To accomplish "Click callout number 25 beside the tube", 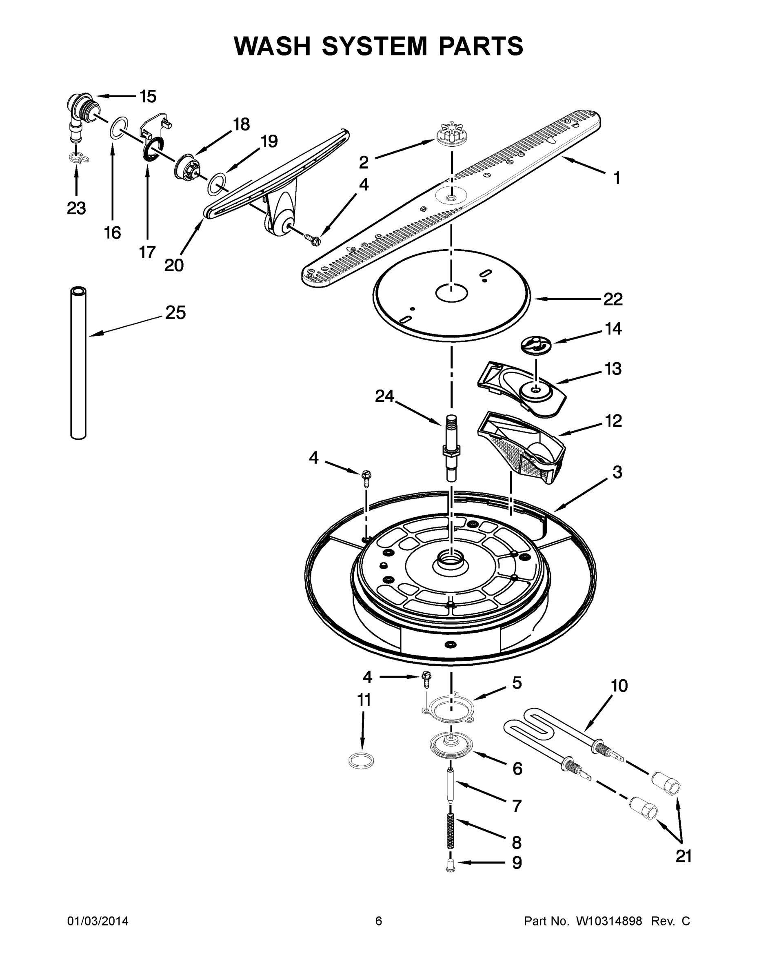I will click(175, 312).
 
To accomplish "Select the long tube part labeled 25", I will click(78, 363).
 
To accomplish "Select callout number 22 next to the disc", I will click(613, 299).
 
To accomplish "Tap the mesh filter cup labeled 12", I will click(520, 448).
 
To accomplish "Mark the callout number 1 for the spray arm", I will click(617, 178).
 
